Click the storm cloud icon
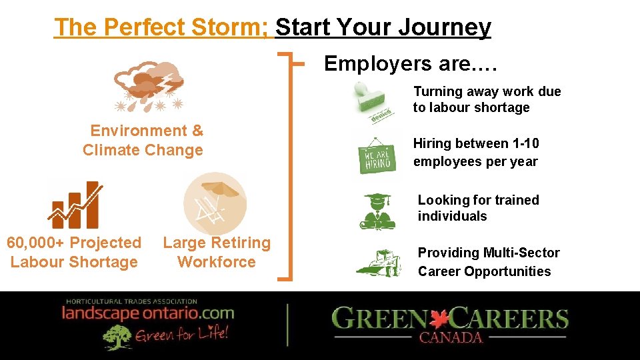pyautogui.click(x=149, y=86)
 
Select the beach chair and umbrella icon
pyautogui.click(x=215, y=203)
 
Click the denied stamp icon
pyautogui.click(x=373, y=103)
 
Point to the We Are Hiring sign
pyautogui.click(x=377, y=157)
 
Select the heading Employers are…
pyautogui.click(x=411, y=63)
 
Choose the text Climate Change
pyautogui.click(x=143, y=150)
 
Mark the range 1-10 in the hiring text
pyautogui.click(x=525, y=143)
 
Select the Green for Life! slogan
pyautogui.click(x=182, y=334)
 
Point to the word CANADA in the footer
pyautogui.click(x=451, y=337)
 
